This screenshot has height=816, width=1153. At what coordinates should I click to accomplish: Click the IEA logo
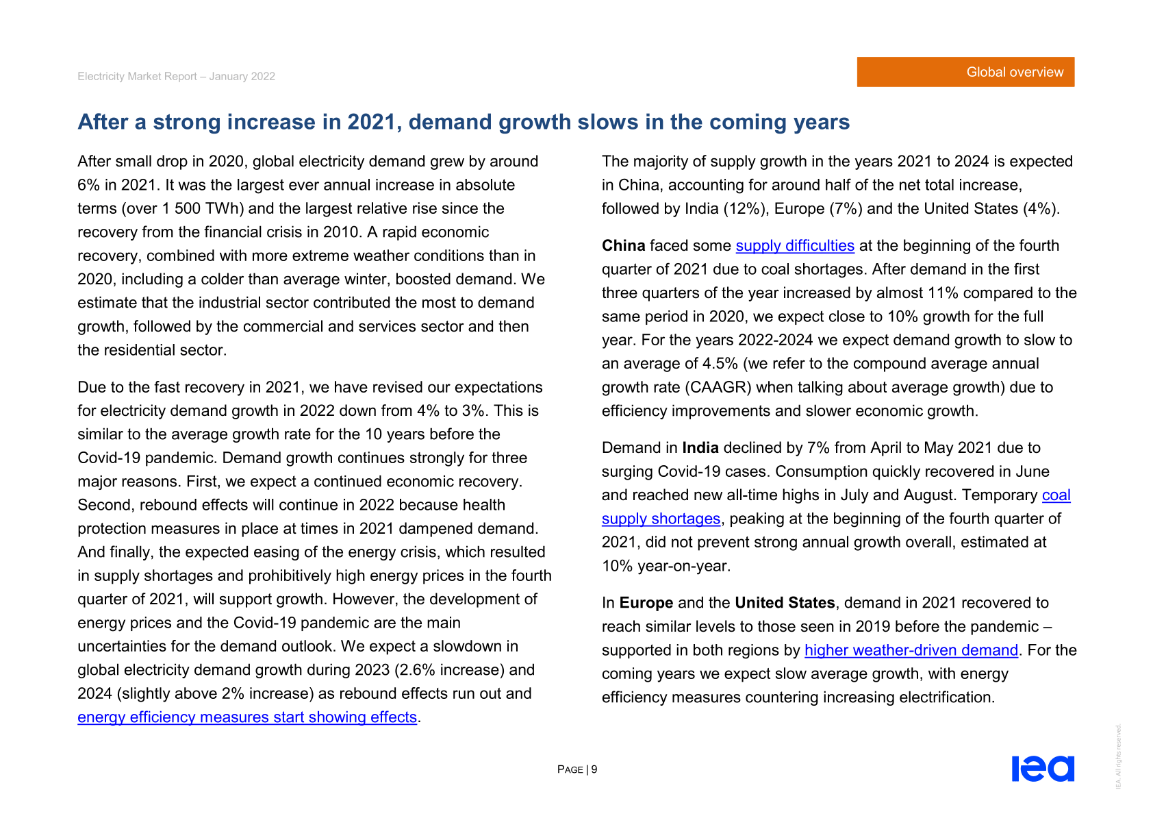tap(1043, 769)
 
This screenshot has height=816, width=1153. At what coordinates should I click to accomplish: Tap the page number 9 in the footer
tap(594, 769)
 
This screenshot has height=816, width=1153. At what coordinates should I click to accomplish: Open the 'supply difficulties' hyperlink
tap(795, 246)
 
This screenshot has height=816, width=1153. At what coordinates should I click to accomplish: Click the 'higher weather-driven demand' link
tap(911, 650)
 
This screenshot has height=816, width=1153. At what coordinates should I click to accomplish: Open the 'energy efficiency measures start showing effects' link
tap(247, 717)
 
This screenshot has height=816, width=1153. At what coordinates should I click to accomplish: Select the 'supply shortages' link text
tap(661, 519)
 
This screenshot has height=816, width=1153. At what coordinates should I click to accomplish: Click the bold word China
tap(623, 246)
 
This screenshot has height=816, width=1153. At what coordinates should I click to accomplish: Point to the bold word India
tap(700, 448)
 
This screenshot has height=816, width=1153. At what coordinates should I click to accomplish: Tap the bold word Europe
tap(646, 603)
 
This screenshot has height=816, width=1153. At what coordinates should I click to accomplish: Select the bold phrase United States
tap(785, 603)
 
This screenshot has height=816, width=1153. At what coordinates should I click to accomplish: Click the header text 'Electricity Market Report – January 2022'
tap(176, 77)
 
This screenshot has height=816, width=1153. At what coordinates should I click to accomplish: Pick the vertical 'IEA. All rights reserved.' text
tap(1118, 756)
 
